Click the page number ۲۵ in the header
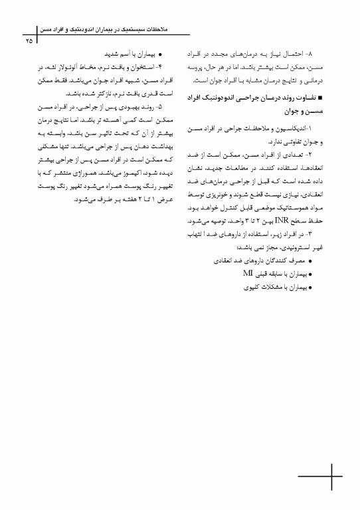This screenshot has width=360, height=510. [x=29, y=41]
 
